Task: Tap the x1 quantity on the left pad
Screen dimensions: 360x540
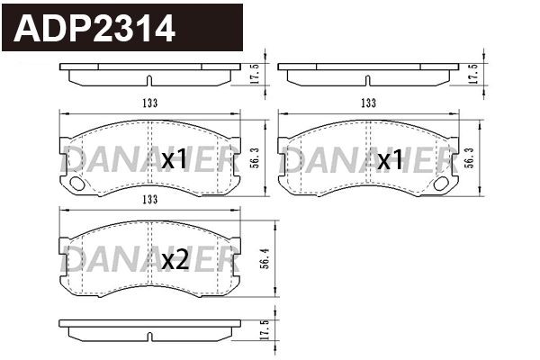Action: tap(174, 161)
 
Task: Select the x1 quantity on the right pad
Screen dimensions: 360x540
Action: tap(390, 161)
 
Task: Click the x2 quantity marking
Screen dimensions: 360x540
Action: tap(174, 261)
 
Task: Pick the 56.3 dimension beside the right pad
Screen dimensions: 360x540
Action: tap(472, 158)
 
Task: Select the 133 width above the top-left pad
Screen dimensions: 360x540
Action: tap(149, 103)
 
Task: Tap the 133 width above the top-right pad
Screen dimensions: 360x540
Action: tap(367, 103)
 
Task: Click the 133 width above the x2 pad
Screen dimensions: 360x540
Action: tap(149, 200)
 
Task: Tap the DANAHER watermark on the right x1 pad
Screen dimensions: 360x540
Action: tap(367, 161)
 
